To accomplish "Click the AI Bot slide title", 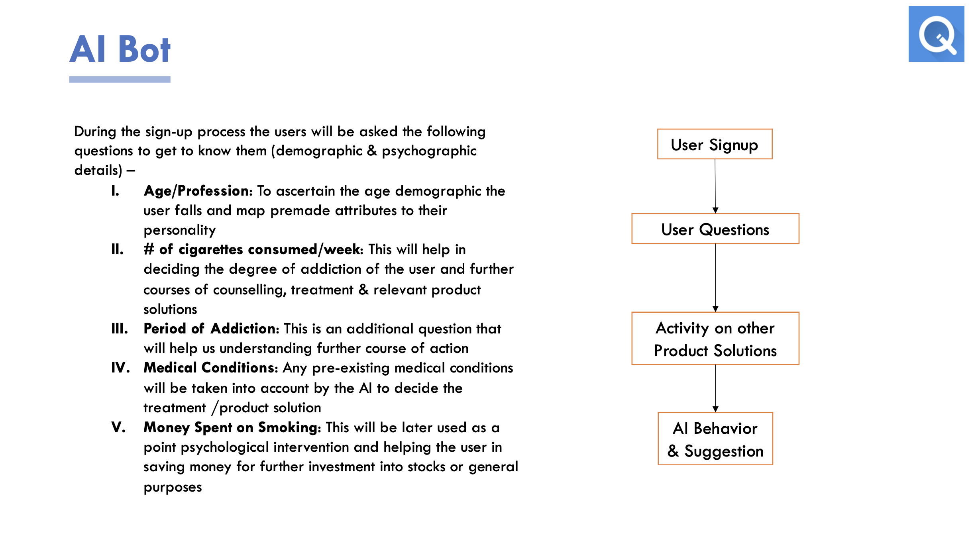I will (120, 49).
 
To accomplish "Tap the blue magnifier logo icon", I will (936, 34).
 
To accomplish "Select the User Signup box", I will (715, 144).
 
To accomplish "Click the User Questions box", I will (715, 229).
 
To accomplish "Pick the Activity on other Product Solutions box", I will (715, 339).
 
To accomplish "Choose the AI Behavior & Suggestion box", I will (715, 439).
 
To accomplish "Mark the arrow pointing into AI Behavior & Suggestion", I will (715, 388).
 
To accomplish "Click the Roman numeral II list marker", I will (117, 250).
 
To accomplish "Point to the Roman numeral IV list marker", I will (120, 368).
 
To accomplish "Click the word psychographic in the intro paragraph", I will (429, 151).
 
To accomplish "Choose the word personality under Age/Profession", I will (179, 230).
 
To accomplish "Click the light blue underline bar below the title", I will (120, 80).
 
